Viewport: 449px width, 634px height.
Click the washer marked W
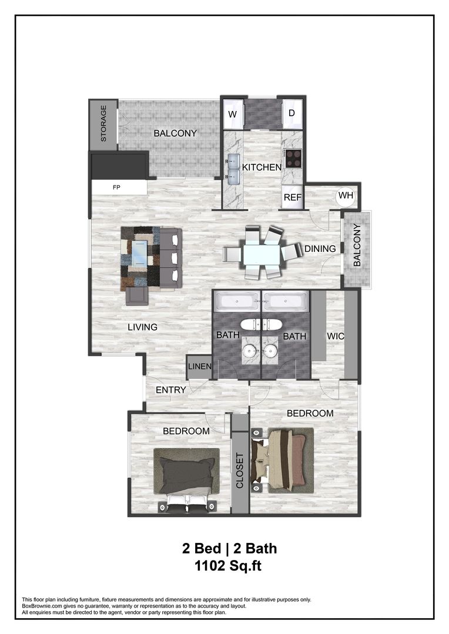[x=232, y=114]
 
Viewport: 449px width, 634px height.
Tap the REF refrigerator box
[x=292, y=198]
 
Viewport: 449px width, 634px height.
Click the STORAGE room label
[x=103, y=124]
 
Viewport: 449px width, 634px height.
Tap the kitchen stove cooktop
[x=293, y=158]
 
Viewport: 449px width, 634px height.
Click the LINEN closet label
[x=199, y=367]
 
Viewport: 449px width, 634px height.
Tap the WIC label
[x=335, y=336]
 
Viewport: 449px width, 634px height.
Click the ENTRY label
[x=171, y=390]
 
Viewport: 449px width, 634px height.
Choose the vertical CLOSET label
[x=239, y=471]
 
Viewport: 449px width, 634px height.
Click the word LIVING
[x=142, y=327]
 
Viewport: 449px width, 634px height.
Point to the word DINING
[x=320, y=249]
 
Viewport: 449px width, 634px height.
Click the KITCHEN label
[x=262, y=167]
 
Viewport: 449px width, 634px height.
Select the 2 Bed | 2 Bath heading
[x=229, y=549]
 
